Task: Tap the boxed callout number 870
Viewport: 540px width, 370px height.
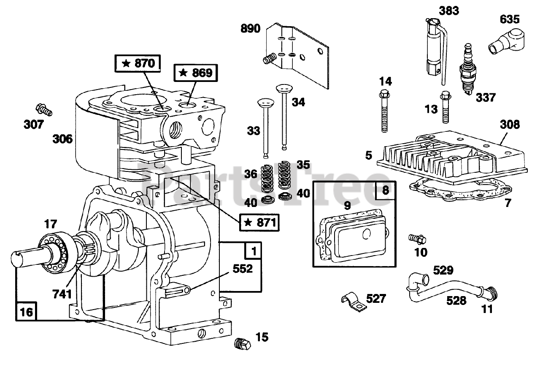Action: click(x=138, y=63)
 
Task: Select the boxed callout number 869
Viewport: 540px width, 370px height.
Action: click(x=195, y=73)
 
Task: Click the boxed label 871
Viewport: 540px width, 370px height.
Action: click(x=259, y=222)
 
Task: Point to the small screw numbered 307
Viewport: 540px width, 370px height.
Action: click(x=44, y=110)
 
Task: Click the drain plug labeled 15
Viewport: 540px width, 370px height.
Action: click(x=242, y=344)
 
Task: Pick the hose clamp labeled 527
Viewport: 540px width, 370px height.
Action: click(x=354, y=302)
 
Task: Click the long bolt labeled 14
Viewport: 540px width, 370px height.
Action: click(x=384, y=111)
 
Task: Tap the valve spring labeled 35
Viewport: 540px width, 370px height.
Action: click(x=284, y=175)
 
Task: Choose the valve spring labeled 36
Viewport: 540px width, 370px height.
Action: click(x=267, y=179)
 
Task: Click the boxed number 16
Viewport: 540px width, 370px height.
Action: click(x=26, y=312)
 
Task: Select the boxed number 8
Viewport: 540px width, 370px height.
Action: click(x=386, y=190)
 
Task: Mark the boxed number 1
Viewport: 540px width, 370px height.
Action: click(x=253, y=251)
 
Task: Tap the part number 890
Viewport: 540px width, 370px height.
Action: click(x=251, y=28)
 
